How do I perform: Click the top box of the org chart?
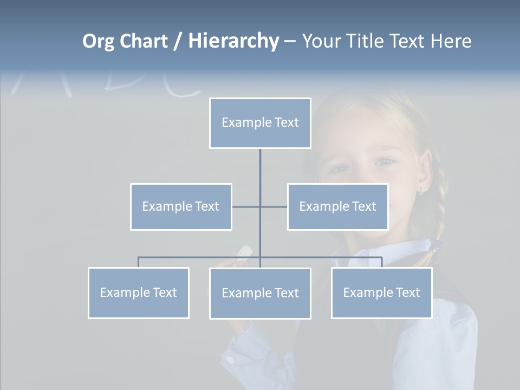coord(260,123)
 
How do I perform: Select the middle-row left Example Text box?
coord(181,207)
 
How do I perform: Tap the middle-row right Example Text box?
coord(337,207)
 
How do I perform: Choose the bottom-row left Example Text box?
coord(138,293)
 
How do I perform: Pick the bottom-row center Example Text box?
coord(260,294)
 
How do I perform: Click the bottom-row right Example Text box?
coord(381,293)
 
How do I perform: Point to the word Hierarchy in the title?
coord(233,41)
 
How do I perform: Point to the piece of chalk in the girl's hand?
coord(245,250)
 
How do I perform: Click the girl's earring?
coord(420,191)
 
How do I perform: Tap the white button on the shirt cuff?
coord(231,359)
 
